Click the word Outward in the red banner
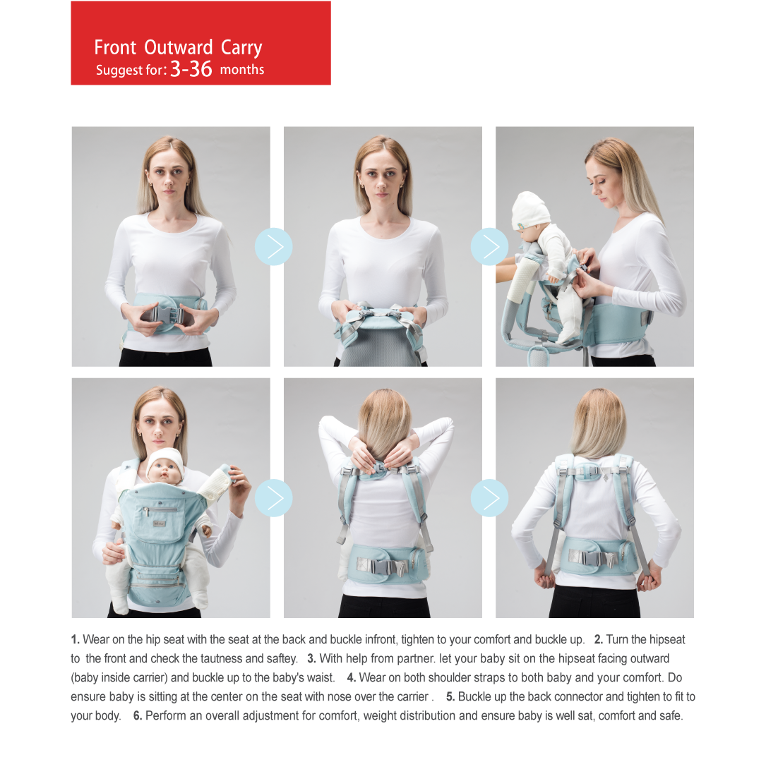tap(179, 47)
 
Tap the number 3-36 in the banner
tap(191, 69)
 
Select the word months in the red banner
tap(242, 70)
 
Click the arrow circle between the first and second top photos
tap(274, 246)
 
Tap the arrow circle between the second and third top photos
tap(490, 246)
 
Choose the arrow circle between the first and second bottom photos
tap(274, 498)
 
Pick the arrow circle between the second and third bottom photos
tap(490, 498)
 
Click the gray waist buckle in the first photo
tap(166, 316)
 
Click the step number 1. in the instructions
tap(76, 639)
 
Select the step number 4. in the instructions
tap(352, 678)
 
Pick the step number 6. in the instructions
tap(138, 716)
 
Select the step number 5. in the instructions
tap(450, 697)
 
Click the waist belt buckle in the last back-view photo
tap(596, 558)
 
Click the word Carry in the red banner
tap(241, 48)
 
